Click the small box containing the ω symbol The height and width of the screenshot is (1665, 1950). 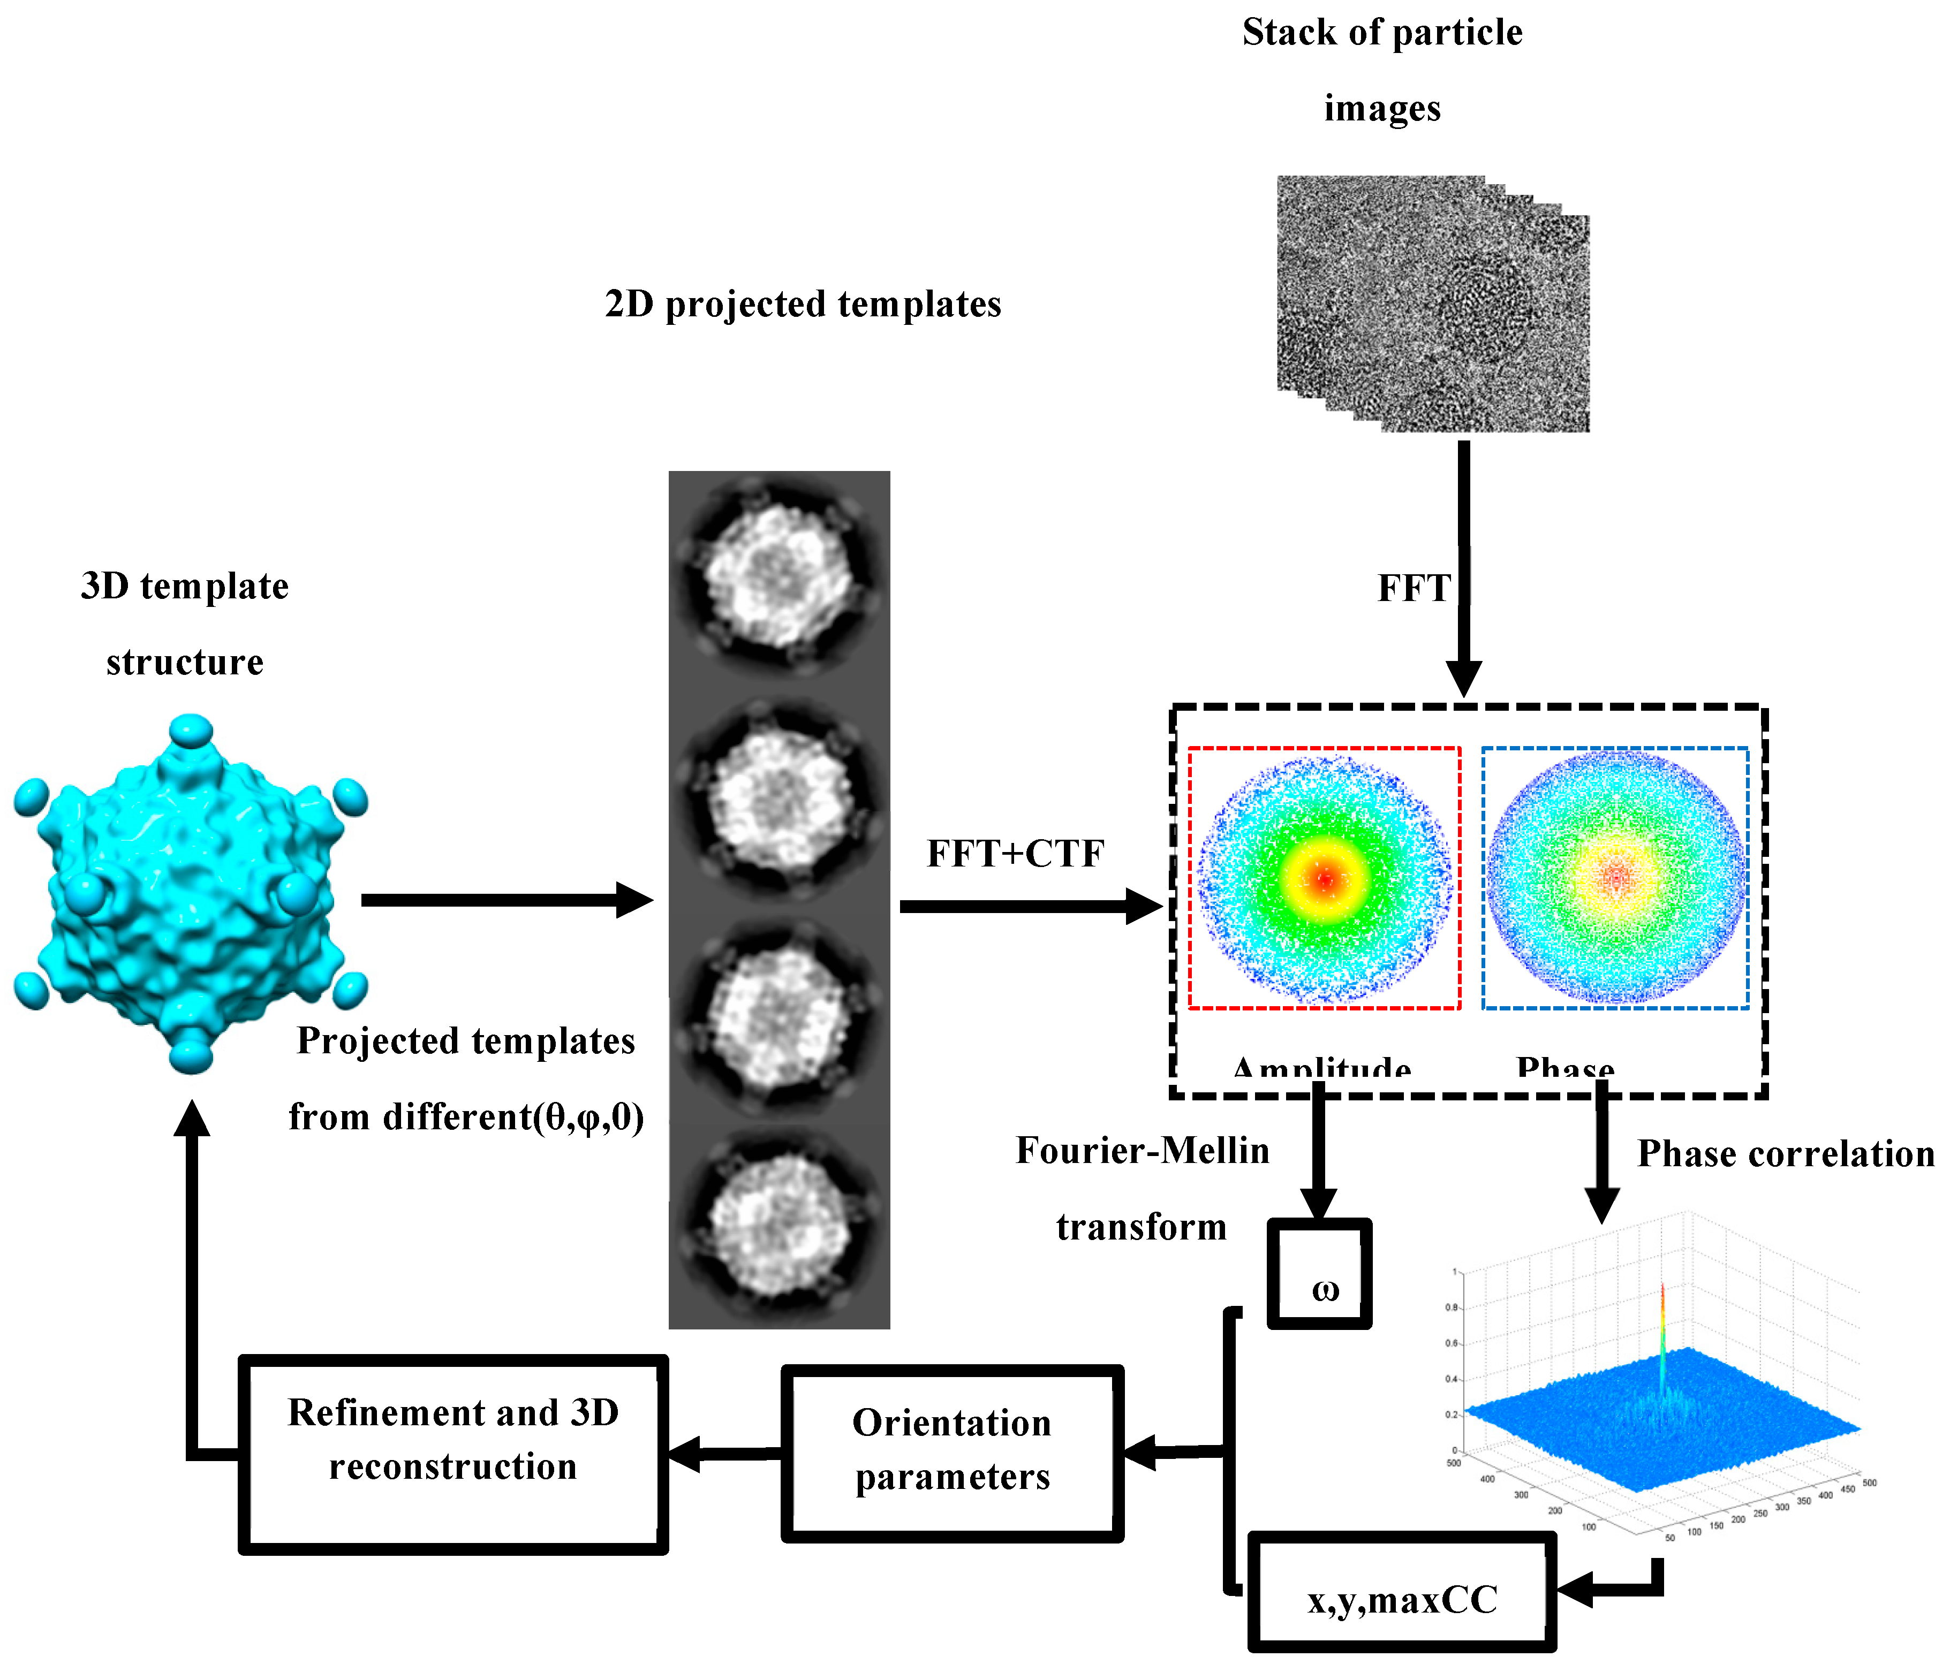1319,1275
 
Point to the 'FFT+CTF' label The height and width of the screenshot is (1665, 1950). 1015,854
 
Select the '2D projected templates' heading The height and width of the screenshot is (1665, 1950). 803,305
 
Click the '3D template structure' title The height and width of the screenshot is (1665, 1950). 185,624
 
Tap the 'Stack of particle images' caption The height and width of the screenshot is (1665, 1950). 1381,71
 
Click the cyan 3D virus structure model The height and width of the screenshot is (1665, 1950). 191,894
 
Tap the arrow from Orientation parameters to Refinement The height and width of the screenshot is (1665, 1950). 724,1454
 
